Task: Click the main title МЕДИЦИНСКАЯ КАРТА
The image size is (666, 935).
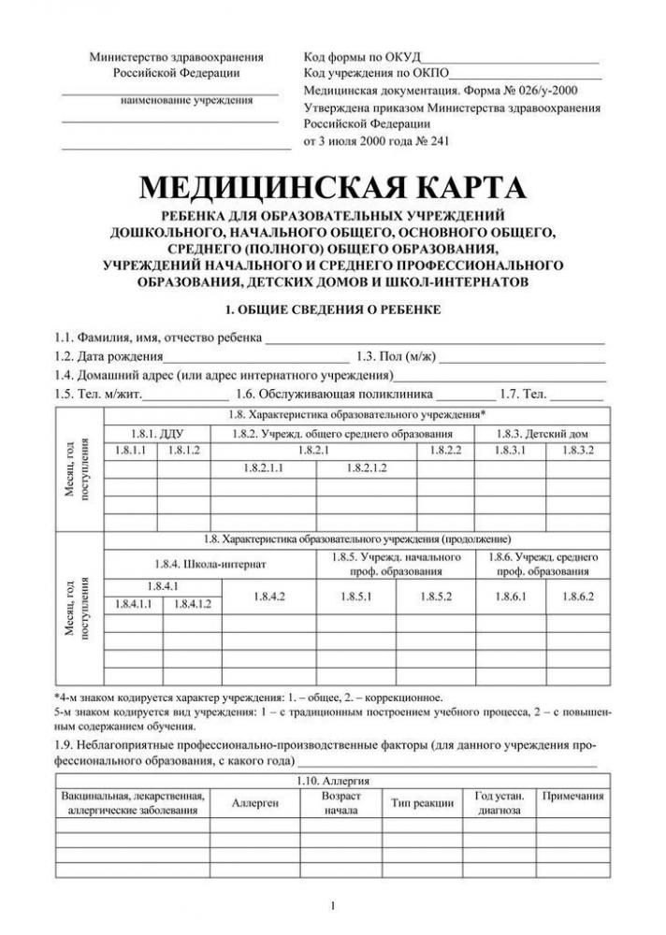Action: click(x=332, y=188)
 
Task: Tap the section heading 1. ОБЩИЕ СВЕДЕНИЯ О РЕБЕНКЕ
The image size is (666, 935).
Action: click(x=332, y=309)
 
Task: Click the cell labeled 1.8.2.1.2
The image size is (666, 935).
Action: click(x=367, y=467)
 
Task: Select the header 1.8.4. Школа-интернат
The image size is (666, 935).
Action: click(x=210, y=564)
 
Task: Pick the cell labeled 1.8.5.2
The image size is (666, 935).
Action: click(x=436, y=596)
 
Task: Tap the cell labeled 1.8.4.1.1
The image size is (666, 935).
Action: click(x=133, y=605)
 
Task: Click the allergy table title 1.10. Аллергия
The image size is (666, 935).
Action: click(x=334, y=779)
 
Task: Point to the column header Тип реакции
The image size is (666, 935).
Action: click(x=422, y=803)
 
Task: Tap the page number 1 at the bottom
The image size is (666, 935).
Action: click(x=333, y=904)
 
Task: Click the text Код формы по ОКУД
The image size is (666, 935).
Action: click(x=363, y=57)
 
